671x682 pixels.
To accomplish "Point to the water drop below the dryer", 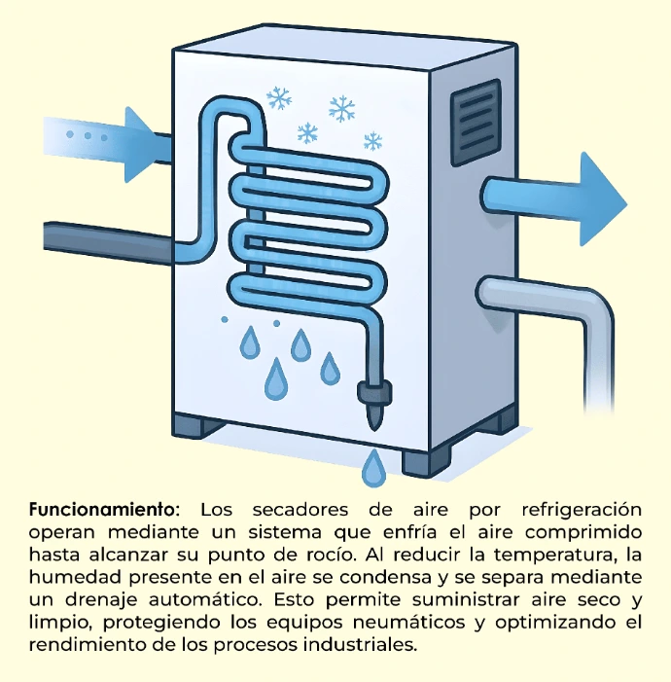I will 372,469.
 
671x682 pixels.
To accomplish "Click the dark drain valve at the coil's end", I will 372,396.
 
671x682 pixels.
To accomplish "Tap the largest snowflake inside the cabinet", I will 341,109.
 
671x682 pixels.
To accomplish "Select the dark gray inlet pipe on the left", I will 107,240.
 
